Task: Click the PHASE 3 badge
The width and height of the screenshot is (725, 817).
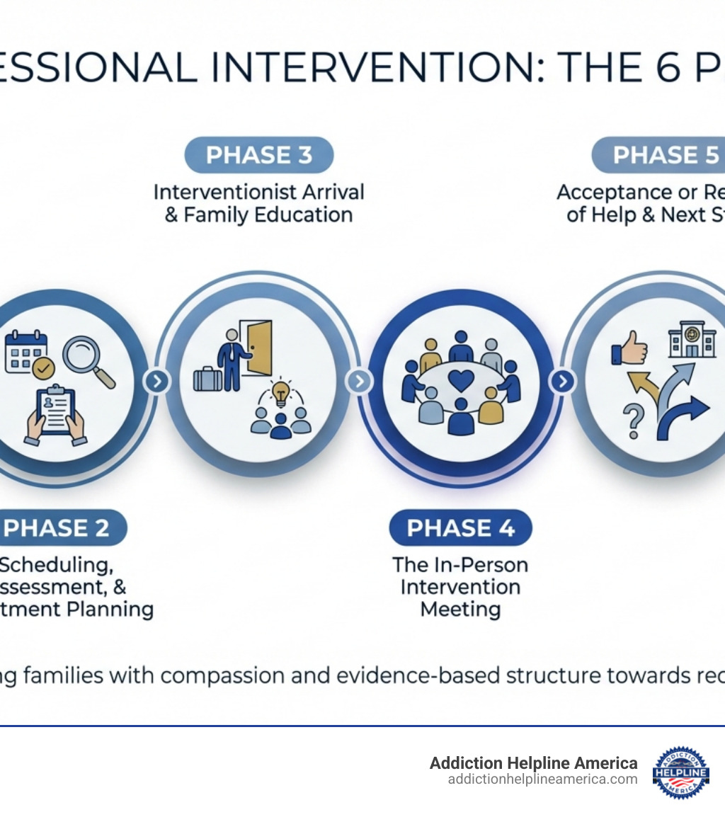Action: point(258,155)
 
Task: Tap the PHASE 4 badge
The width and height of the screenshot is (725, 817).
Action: point(460,527)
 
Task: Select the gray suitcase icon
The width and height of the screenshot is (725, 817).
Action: point(207,379)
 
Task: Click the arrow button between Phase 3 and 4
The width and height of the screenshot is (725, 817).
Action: point(359,382)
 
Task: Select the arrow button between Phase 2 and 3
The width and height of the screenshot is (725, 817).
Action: point(156,382)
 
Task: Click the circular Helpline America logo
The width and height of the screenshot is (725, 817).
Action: point(680,772)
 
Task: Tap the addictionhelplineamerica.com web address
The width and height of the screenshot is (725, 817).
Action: point(542,779)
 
